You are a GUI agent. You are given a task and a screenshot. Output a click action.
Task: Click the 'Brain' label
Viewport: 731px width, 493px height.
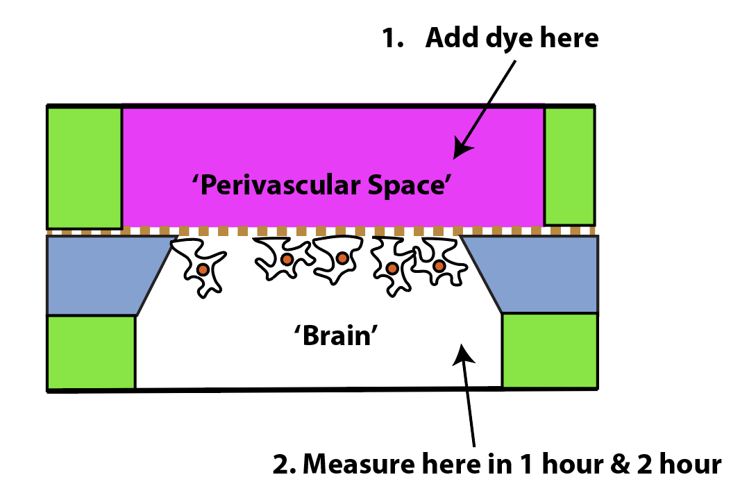pos(336,335)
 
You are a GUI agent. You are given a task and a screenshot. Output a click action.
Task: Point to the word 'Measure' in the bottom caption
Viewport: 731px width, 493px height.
pos(358,465)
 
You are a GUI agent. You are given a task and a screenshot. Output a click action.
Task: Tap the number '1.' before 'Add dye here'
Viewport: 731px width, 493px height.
pos(392,37)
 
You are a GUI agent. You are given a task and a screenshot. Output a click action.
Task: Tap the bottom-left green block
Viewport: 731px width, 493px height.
pos(92,352)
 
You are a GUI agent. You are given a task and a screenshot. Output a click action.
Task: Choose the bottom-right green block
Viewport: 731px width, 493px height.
pos(550,350)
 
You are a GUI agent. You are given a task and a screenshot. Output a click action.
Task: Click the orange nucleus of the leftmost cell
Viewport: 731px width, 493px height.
pos(203,269)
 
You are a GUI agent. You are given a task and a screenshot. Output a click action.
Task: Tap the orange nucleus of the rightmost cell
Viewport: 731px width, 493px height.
pos(439,266)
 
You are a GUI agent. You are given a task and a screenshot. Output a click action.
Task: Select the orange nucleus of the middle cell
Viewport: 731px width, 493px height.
pos(343,258)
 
